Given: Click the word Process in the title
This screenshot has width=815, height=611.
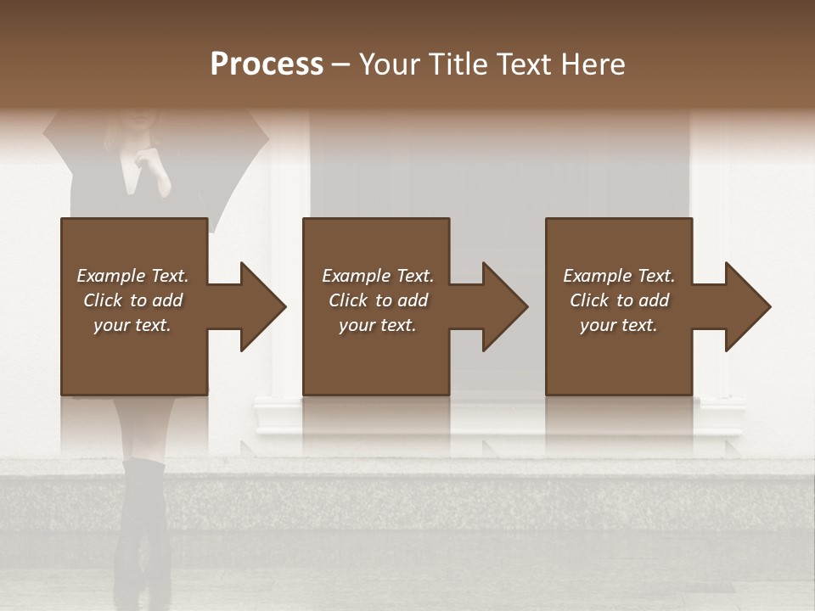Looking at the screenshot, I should coord(267,64).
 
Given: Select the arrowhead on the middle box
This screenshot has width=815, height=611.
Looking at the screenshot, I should coord(504,306).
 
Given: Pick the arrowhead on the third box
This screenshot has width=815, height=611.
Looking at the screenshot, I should coord(747,306).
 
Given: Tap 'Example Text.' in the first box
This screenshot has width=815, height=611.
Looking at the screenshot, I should coord(132,276).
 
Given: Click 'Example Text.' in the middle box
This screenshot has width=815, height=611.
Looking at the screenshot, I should coord(378,276).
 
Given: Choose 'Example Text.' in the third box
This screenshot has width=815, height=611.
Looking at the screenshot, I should coord(619,276).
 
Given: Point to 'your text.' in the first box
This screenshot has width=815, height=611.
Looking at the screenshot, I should coord(132,325).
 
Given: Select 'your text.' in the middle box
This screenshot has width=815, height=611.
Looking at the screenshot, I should coord(378,325).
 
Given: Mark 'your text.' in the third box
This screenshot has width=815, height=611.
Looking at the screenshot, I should coord(619,325).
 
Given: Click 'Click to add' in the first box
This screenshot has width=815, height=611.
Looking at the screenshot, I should coord(132,300).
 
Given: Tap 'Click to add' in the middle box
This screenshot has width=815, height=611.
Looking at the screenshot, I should coord(378,300).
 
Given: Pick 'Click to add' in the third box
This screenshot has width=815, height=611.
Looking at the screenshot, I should coord(619,300).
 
